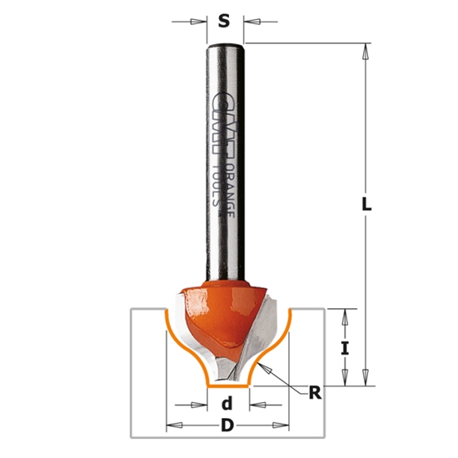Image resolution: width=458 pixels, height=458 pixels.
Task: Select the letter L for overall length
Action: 367,204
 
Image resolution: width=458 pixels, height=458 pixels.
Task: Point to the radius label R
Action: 315,393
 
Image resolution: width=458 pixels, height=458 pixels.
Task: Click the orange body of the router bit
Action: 218,321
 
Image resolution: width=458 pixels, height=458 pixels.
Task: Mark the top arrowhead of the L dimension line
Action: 364,50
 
